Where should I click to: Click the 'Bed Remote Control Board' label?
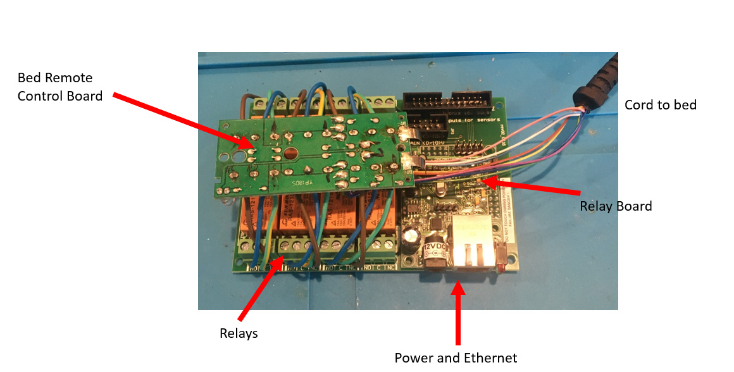click(x=60, y=87)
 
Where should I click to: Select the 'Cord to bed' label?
click(x=660, y=105)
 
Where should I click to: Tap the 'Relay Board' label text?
click(x=615, y=206)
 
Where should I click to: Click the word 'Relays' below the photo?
click(x=239, y=333)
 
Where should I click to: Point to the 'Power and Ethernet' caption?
click(x=456, y=358)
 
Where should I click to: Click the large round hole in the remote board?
click(x=291, y=154)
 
